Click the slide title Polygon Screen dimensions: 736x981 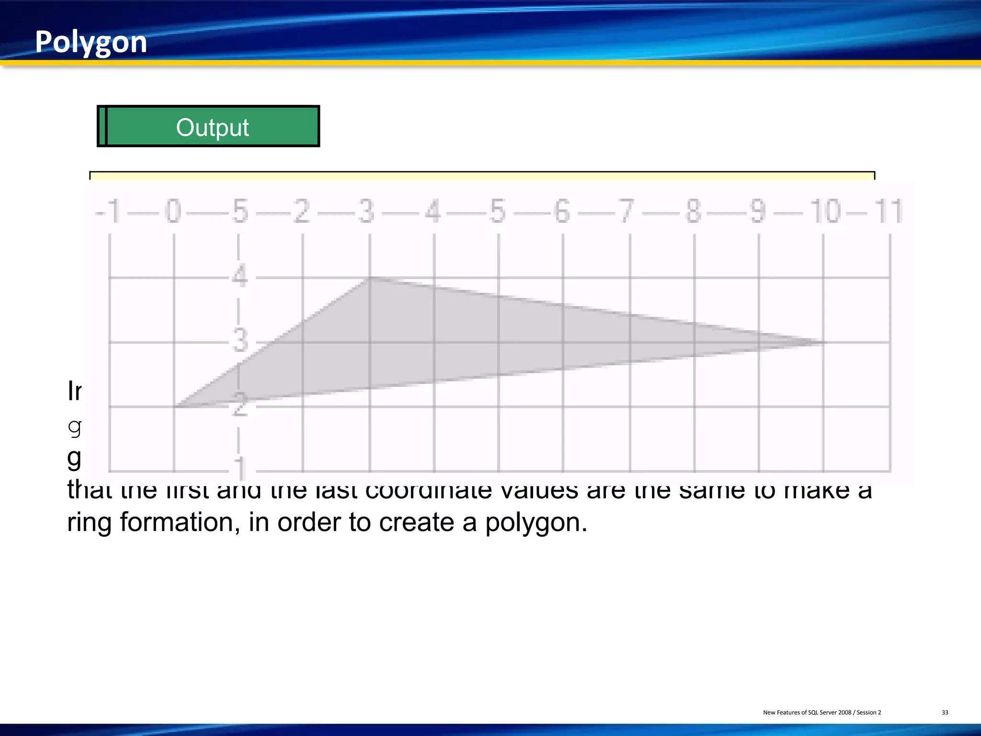pos(91,42)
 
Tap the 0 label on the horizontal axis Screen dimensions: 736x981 pos(173,211)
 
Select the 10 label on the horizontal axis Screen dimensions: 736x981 pos(825,211)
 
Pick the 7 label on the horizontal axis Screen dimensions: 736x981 pos(627,211)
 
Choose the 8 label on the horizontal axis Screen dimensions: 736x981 pos(693,211)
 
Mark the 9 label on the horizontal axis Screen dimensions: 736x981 pos(758,211)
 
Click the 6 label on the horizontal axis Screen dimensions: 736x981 pos(562,211)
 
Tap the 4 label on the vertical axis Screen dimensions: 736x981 pos(240,276)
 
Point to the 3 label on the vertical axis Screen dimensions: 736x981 pos(240,341)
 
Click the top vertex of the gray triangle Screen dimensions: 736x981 pos(370,277)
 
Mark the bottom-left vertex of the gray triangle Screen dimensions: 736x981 pos(176,406)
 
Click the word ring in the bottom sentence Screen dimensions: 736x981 pos(89,522)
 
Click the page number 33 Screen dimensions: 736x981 pos(945,713)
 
